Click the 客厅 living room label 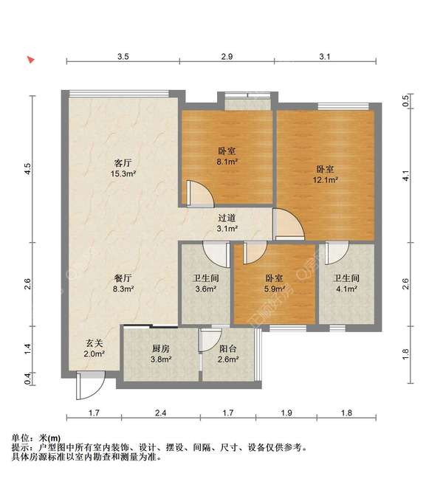(123, 162)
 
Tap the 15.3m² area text (123, 174)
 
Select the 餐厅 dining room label (123, 278)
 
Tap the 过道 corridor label (227, 218)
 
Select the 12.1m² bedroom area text (325, 179)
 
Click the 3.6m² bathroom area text (205, 289)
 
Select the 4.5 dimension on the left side (28, 168)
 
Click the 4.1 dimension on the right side (405, 176)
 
